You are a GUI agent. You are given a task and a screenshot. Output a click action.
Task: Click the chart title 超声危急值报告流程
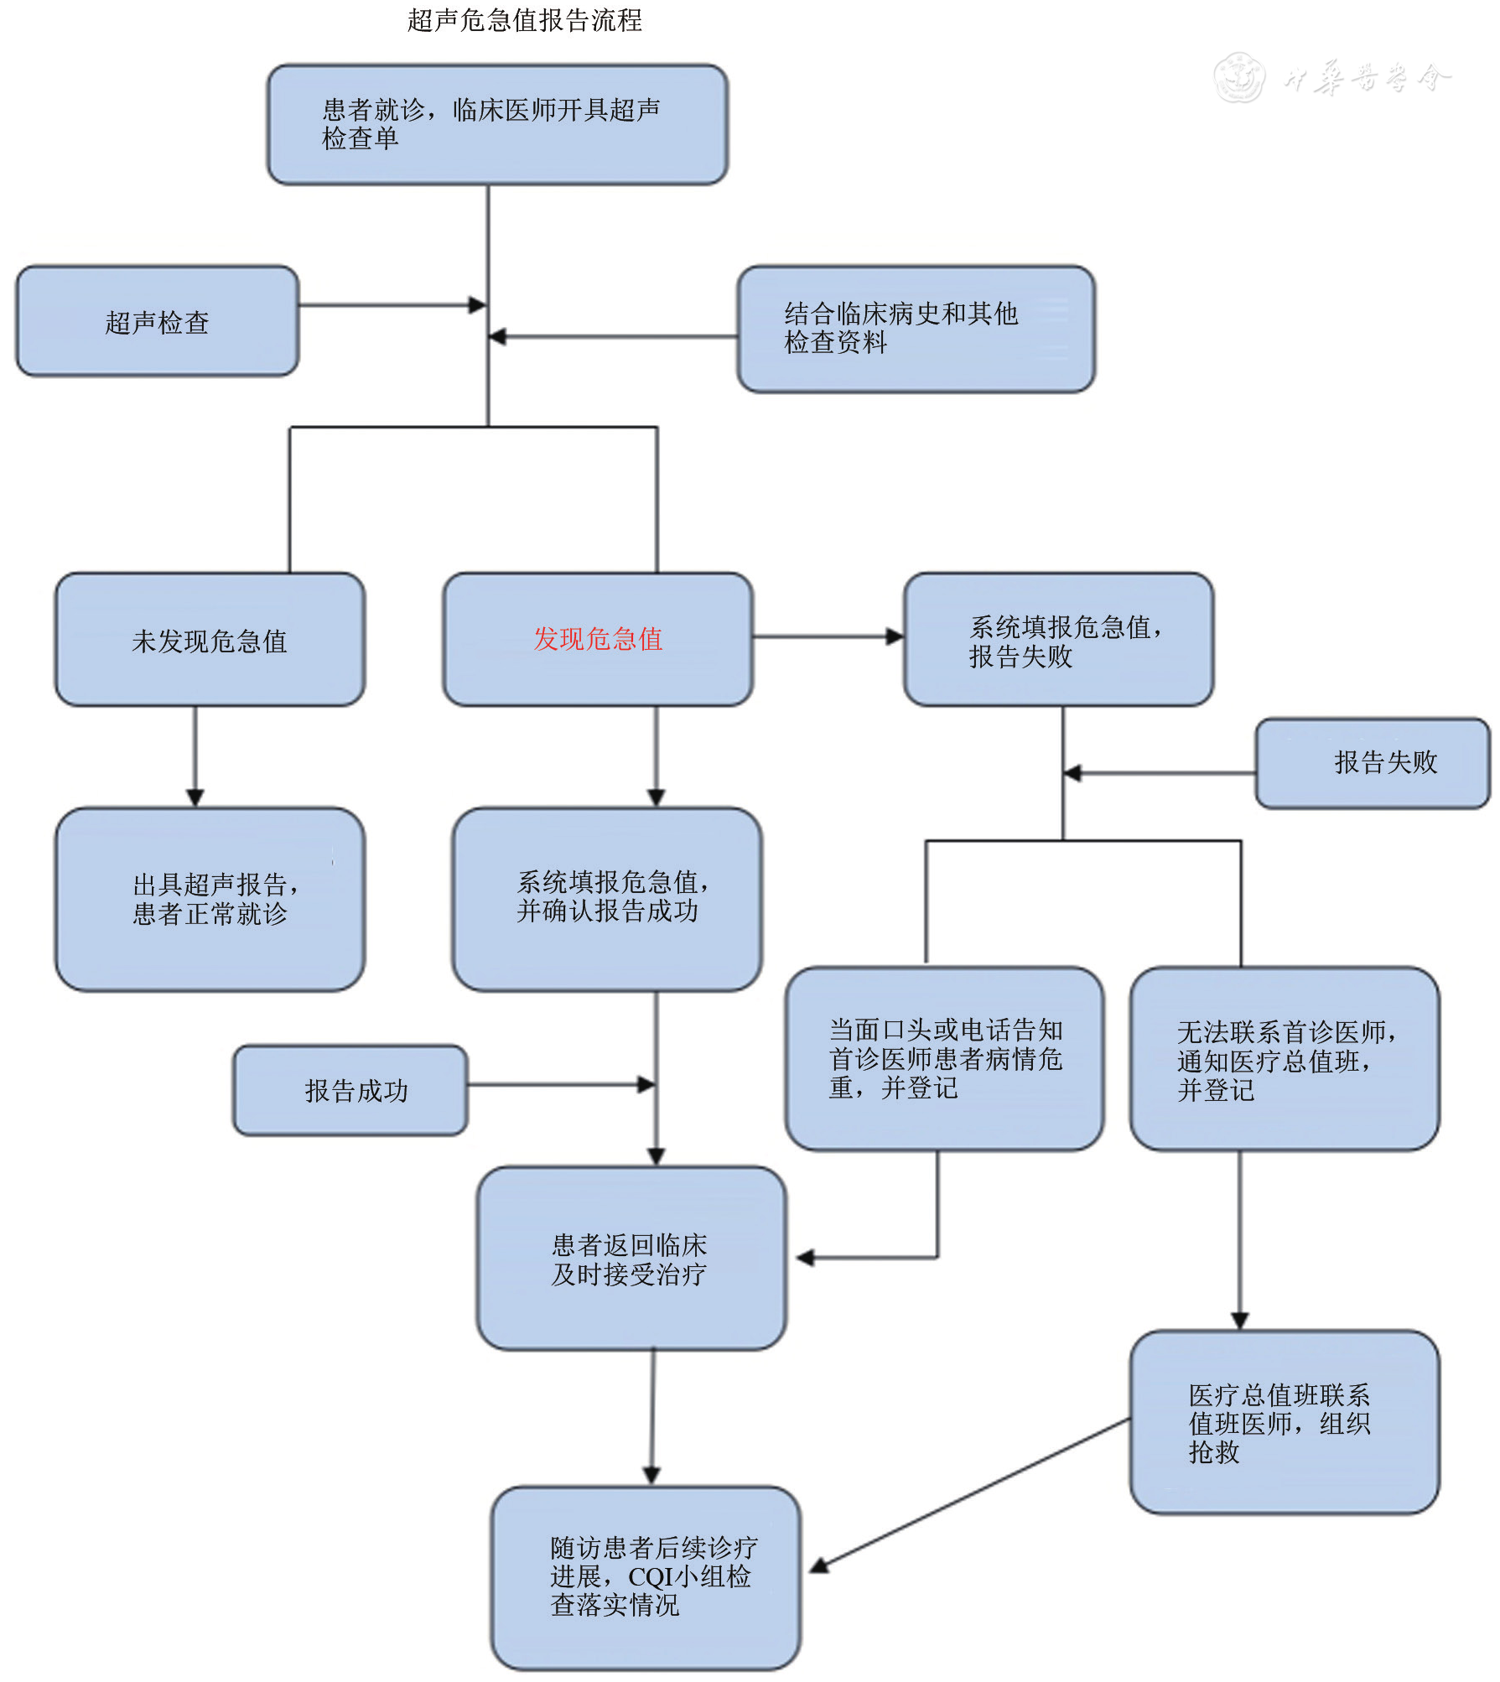[x=525, y=20]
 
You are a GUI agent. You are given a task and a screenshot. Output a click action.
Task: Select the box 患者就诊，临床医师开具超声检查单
[x=497, y=124]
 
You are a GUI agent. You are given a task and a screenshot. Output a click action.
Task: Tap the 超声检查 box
[x=157, y=322]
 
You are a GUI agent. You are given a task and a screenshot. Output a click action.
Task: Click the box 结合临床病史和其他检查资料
[x=916, y=328]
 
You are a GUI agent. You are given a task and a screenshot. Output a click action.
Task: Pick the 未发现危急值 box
[x=210, y=640]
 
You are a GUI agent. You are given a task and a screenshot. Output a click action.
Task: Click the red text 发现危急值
[x=598, y=639]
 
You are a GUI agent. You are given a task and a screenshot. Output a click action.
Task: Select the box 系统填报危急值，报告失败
[x=1058, y=640]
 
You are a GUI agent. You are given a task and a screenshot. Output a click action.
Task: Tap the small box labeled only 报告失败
[x=1373, y=762]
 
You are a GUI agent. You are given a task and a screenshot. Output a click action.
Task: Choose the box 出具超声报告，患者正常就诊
[x=210, y=899]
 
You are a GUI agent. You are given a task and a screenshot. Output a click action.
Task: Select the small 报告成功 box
[x=350, y=1090]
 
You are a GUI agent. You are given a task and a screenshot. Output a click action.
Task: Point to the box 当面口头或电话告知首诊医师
[x=944, y=1058]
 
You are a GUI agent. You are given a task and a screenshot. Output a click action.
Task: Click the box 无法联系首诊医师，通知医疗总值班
[x=1285, y=1059]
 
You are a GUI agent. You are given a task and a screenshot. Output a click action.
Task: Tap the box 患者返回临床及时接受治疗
[x=631, y=1259]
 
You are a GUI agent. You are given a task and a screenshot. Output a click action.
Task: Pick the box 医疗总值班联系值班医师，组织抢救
[x=1285, y=1423]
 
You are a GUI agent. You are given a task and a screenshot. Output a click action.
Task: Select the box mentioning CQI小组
[x=646, y=1577]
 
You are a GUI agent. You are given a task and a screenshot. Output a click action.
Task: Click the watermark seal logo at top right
[x=1239, y=77]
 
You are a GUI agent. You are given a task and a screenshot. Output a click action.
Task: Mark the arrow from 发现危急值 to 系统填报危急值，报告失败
[x=828, y=637]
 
